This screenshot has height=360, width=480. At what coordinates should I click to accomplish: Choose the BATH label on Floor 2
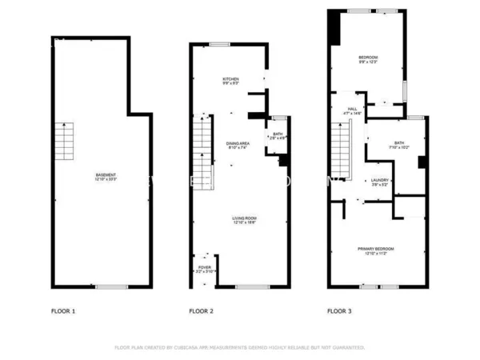point(278,136)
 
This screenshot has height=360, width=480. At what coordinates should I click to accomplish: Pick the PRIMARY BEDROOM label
point(375,250)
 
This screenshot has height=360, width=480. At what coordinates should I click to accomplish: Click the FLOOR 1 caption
point(62,310)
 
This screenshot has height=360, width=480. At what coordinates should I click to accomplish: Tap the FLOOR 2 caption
point(201,310)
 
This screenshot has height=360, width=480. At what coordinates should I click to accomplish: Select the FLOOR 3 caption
point(340,310)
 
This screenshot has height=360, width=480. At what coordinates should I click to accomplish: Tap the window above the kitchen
point(219,44)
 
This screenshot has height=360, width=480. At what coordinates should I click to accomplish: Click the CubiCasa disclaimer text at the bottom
point(240,348)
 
